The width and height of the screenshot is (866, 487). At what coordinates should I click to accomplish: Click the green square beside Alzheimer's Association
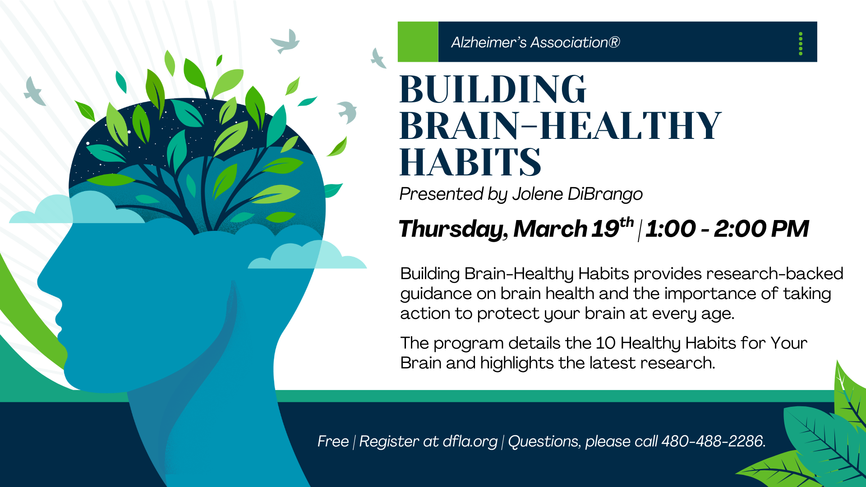click(x=418, y=41)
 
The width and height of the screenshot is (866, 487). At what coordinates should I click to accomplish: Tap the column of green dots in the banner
click(x=801, y=44)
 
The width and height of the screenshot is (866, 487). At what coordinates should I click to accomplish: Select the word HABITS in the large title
click(x=470, y=162)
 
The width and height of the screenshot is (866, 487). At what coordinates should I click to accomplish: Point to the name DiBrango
click(x=605, y=194)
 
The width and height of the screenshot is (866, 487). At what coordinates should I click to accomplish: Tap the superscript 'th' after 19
click(x=626, y=222)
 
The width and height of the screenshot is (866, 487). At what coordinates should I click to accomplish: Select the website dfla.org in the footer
click(x=470, y=441)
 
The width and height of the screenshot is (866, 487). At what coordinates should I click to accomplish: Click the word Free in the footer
click(x=333, y=441)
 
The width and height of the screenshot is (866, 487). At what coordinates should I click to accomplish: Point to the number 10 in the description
click(x=605, y=343)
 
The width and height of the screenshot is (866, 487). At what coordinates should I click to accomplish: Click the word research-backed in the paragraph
click(x=774, y=274)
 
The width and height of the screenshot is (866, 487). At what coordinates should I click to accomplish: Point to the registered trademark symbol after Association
click(x=614, y=42)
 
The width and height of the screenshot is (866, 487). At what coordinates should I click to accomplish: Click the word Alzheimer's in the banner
click(x=488, y=42)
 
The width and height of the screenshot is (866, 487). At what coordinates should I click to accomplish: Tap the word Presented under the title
click(x=442, y=194)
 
